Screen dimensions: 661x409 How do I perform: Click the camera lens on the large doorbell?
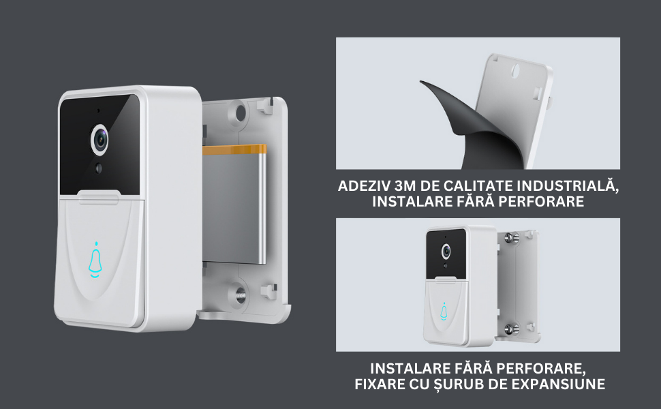[x=100, y=140]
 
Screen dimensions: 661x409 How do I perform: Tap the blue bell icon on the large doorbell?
[x=95, y=260]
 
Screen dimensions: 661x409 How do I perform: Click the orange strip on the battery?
[x=234, y=150]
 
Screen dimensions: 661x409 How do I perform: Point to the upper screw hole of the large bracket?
[x=241, y=112]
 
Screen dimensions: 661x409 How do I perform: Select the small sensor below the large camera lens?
[x=99, y=168]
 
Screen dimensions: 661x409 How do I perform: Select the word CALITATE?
[x=478, y=186]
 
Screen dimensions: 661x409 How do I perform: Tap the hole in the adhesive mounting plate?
[x=517, y=70]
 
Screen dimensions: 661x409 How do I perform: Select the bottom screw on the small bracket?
[x=511, y=328]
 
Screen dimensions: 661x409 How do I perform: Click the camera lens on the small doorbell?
[x=445, y=252]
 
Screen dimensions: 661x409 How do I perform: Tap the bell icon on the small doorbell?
[x=444, y=311]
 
